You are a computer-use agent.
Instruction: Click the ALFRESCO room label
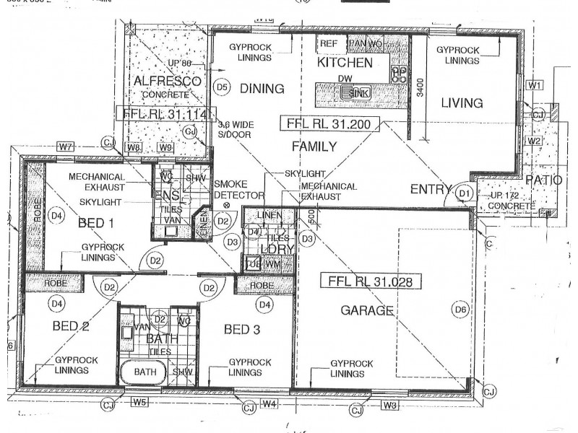click(x=167, y=82)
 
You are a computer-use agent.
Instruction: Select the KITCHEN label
click(x=345, y=63)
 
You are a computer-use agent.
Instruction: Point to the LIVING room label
click(x=462, y=103)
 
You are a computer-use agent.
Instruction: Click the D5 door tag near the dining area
click(x=223, y=87)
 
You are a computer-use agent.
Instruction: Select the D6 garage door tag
click(x=460, y=310)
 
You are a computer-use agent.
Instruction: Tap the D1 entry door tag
click(x=464, y=193)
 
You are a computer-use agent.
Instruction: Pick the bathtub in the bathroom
click(x=144, y=372)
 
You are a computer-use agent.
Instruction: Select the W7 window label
click(x=66, y=147)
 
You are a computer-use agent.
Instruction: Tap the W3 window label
click(x=389, y=405)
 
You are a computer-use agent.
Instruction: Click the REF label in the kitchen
click(x=329, y=44)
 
